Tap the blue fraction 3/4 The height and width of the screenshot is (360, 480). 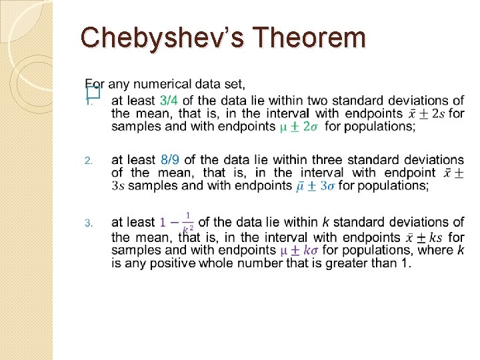169,101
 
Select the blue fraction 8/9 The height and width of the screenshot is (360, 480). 170,160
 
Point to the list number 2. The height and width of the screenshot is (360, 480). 87,161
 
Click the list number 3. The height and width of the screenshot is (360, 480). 87,223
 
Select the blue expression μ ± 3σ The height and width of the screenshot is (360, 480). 315,186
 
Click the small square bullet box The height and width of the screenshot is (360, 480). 93,93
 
